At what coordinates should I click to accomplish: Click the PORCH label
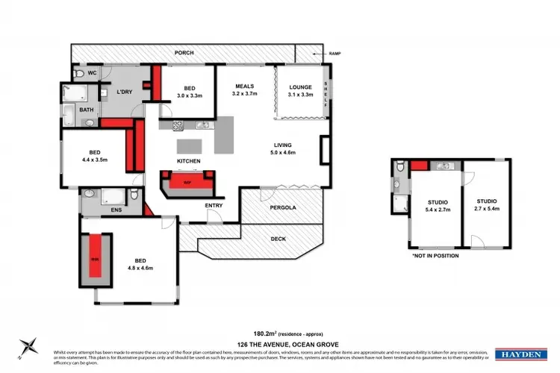[x=184, y=54]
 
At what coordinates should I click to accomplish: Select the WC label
[x=92, y=73]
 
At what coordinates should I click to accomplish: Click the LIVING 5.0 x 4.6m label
[x=282, y=148]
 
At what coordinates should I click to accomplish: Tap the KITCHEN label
[x=188, y=161]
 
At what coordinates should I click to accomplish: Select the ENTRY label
[x=214, y=205]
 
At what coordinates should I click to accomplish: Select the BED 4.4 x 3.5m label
[x=94, y=154]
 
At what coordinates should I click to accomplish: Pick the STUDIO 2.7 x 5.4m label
[x=486, y=206]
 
